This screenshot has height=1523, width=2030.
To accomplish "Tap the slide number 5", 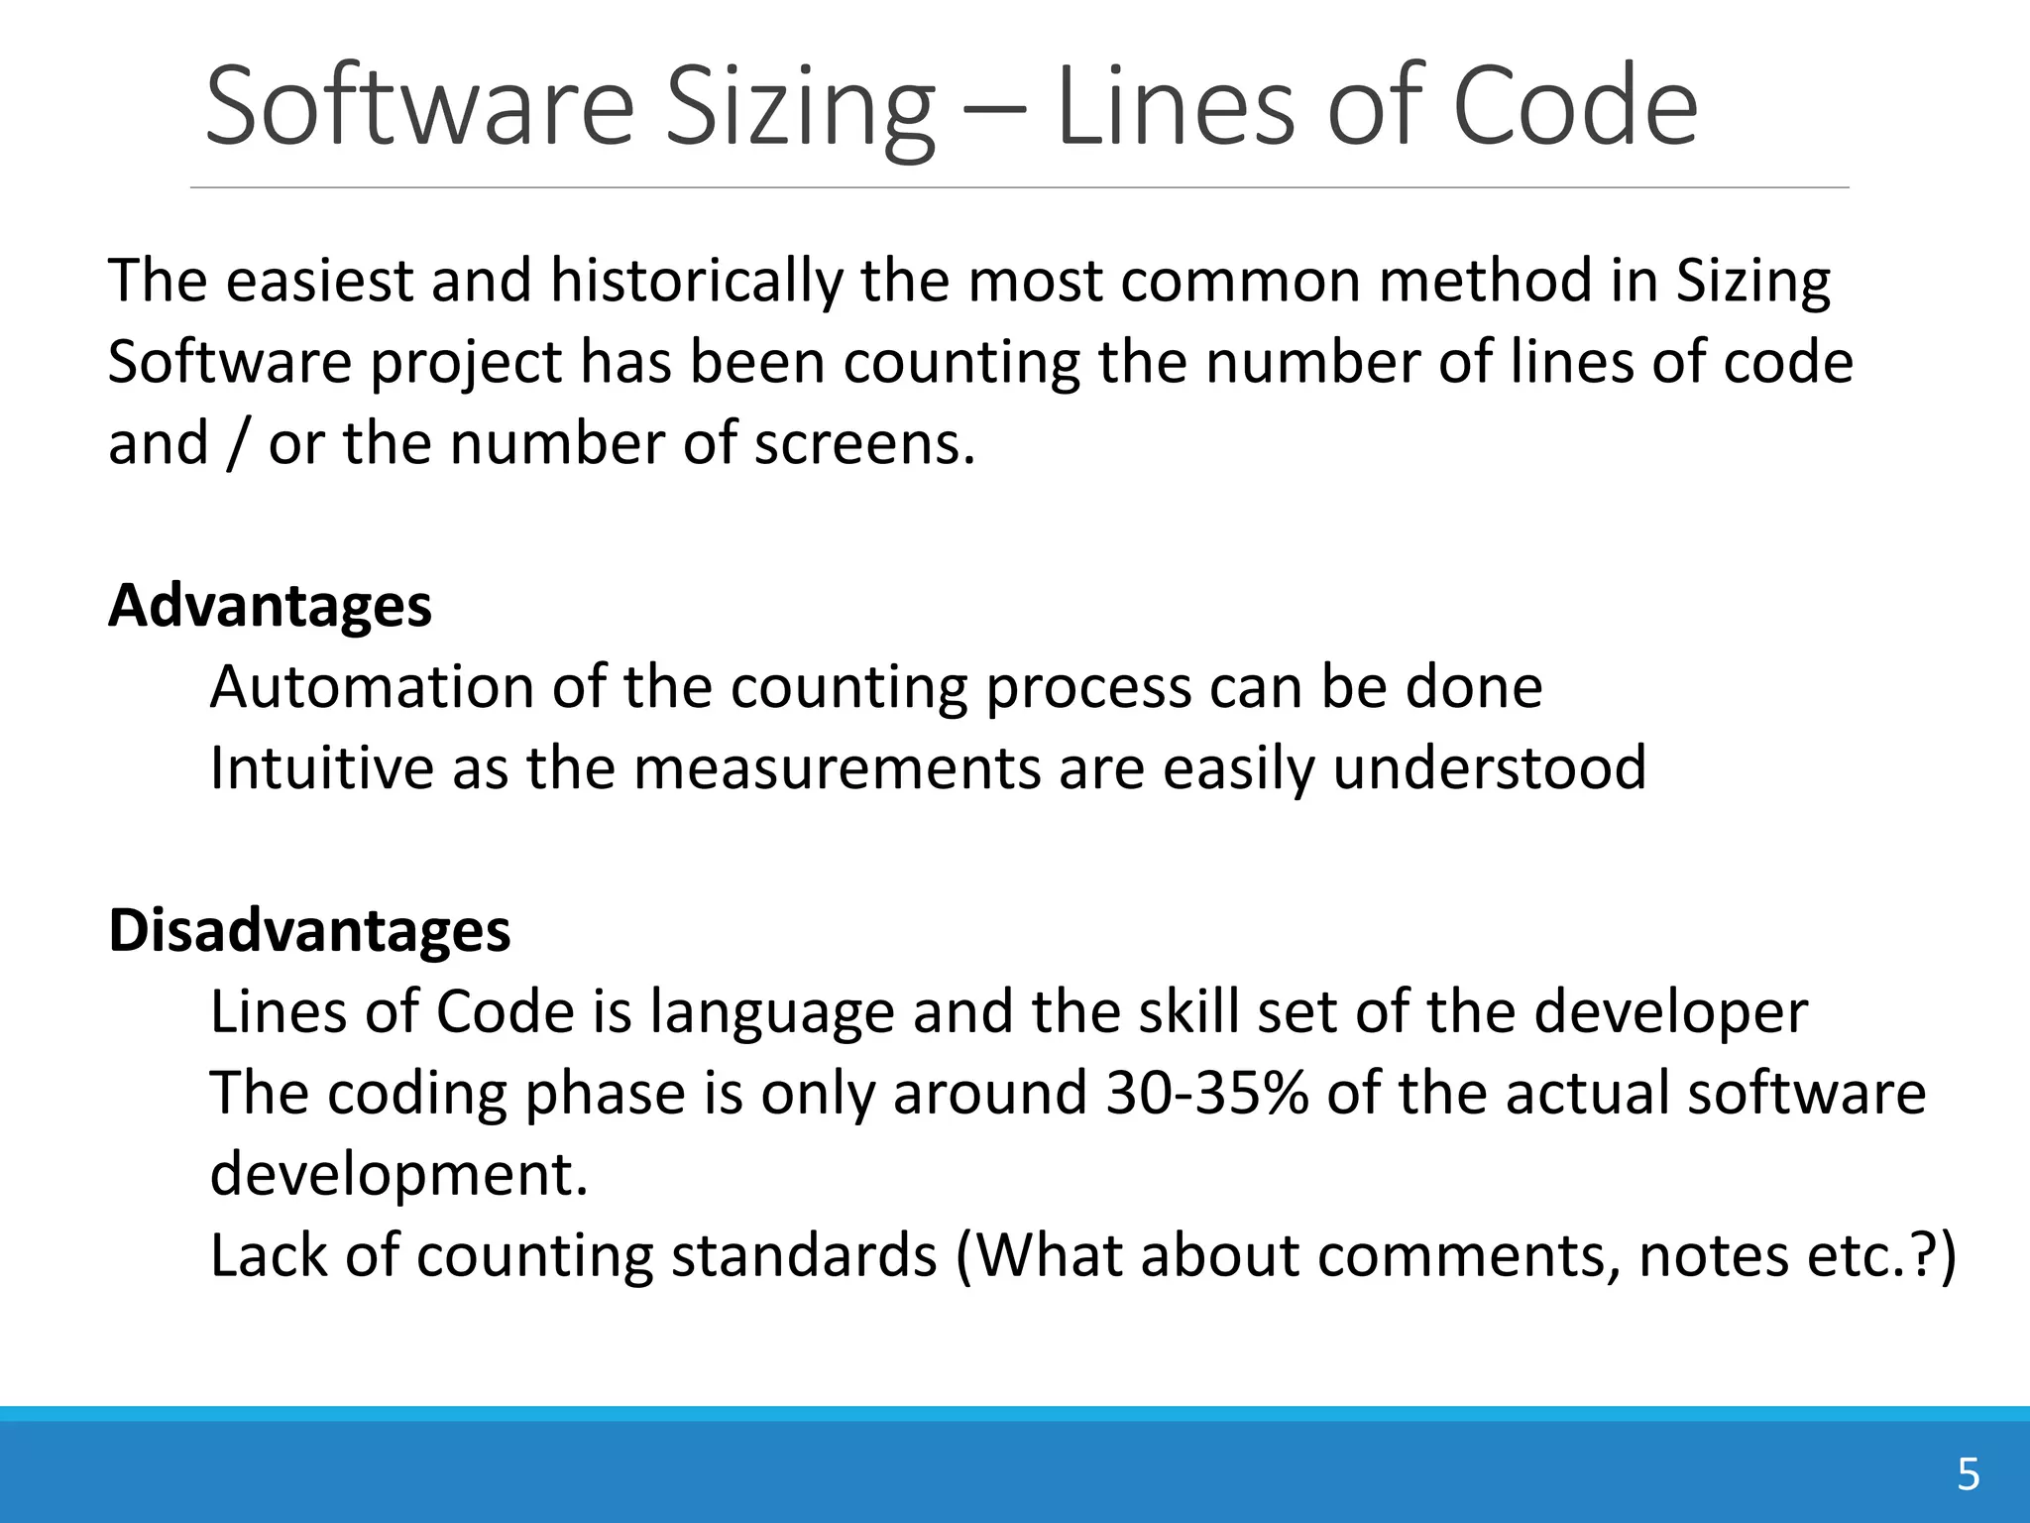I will point(1968,1475).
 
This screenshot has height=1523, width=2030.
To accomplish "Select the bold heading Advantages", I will point(270,606).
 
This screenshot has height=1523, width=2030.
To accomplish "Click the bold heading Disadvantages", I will point(309,931).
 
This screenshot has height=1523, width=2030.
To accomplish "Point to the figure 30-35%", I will point(1206,1093).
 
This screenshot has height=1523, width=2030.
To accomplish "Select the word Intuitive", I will point(322,768).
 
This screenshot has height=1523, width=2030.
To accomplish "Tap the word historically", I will point(696,282).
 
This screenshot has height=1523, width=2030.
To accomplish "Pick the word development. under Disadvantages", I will point(399,1175).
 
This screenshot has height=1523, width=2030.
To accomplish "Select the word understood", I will point(1489,768).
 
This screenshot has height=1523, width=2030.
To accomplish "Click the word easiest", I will point(319,282).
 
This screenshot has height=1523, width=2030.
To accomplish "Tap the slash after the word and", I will point(237,443).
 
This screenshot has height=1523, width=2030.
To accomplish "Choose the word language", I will point(772,1013).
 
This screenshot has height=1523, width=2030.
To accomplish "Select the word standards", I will point(804,1255).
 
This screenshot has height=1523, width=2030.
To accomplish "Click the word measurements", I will point(838,768).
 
